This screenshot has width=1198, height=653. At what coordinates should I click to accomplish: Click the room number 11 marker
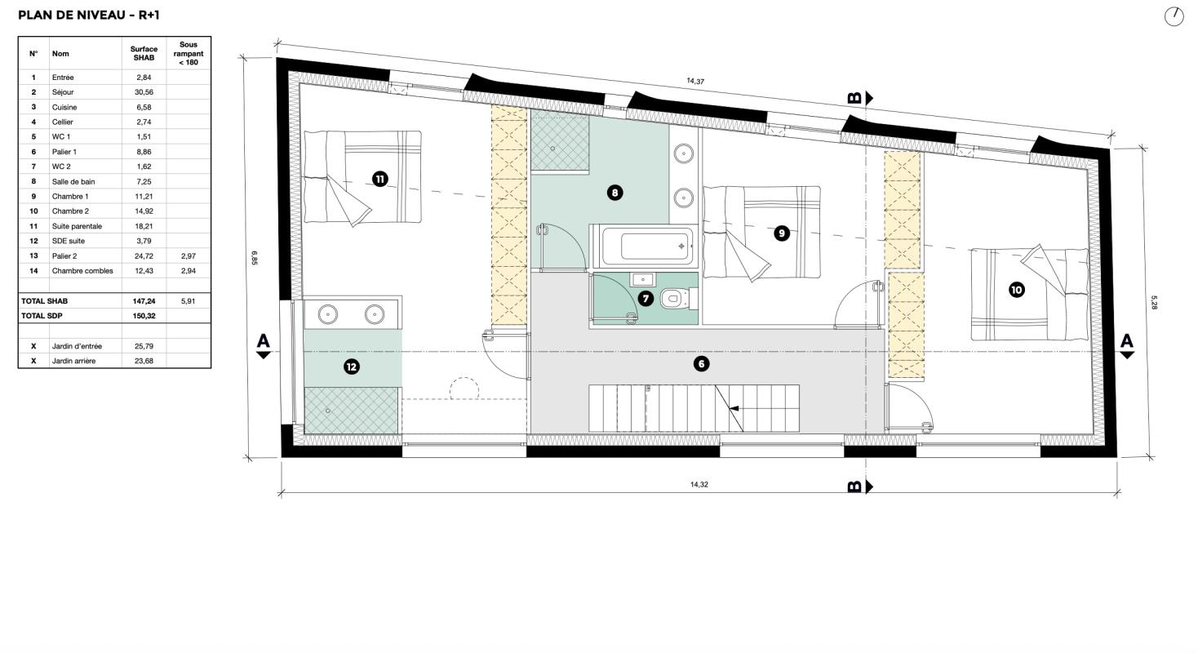[379, 179]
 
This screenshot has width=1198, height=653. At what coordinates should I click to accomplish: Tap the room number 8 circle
[615, 193]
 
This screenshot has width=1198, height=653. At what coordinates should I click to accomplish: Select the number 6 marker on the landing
[701, 364]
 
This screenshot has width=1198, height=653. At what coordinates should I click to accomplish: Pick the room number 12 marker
[352, 366]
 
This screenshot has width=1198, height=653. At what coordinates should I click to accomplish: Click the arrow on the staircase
[734, 409]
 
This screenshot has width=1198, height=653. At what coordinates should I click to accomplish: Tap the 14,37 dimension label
[695, 82]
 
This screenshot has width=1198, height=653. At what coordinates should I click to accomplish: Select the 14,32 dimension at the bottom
[699, 485]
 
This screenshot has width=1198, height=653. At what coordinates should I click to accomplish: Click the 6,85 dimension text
[255, 258]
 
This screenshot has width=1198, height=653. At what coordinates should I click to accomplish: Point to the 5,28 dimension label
[1154, 303]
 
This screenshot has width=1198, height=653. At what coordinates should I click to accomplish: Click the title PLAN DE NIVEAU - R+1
[89, 15]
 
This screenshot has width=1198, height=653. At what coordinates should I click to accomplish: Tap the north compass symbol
[1174, 16]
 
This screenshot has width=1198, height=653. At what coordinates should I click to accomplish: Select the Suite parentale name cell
[77, 226]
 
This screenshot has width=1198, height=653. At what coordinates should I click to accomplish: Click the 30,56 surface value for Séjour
[144, 92]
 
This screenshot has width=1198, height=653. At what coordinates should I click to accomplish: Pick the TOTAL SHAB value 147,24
[144, 301]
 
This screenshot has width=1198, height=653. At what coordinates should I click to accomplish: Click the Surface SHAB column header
[144, 54]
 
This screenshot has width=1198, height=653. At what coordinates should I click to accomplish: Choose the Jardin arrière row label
[73, 361]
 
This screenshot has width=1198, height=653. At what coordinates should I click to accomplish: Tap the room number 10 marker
[1016, 290]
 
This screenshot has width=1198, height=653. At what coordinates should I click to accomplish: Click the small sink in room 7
[642, 279]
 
